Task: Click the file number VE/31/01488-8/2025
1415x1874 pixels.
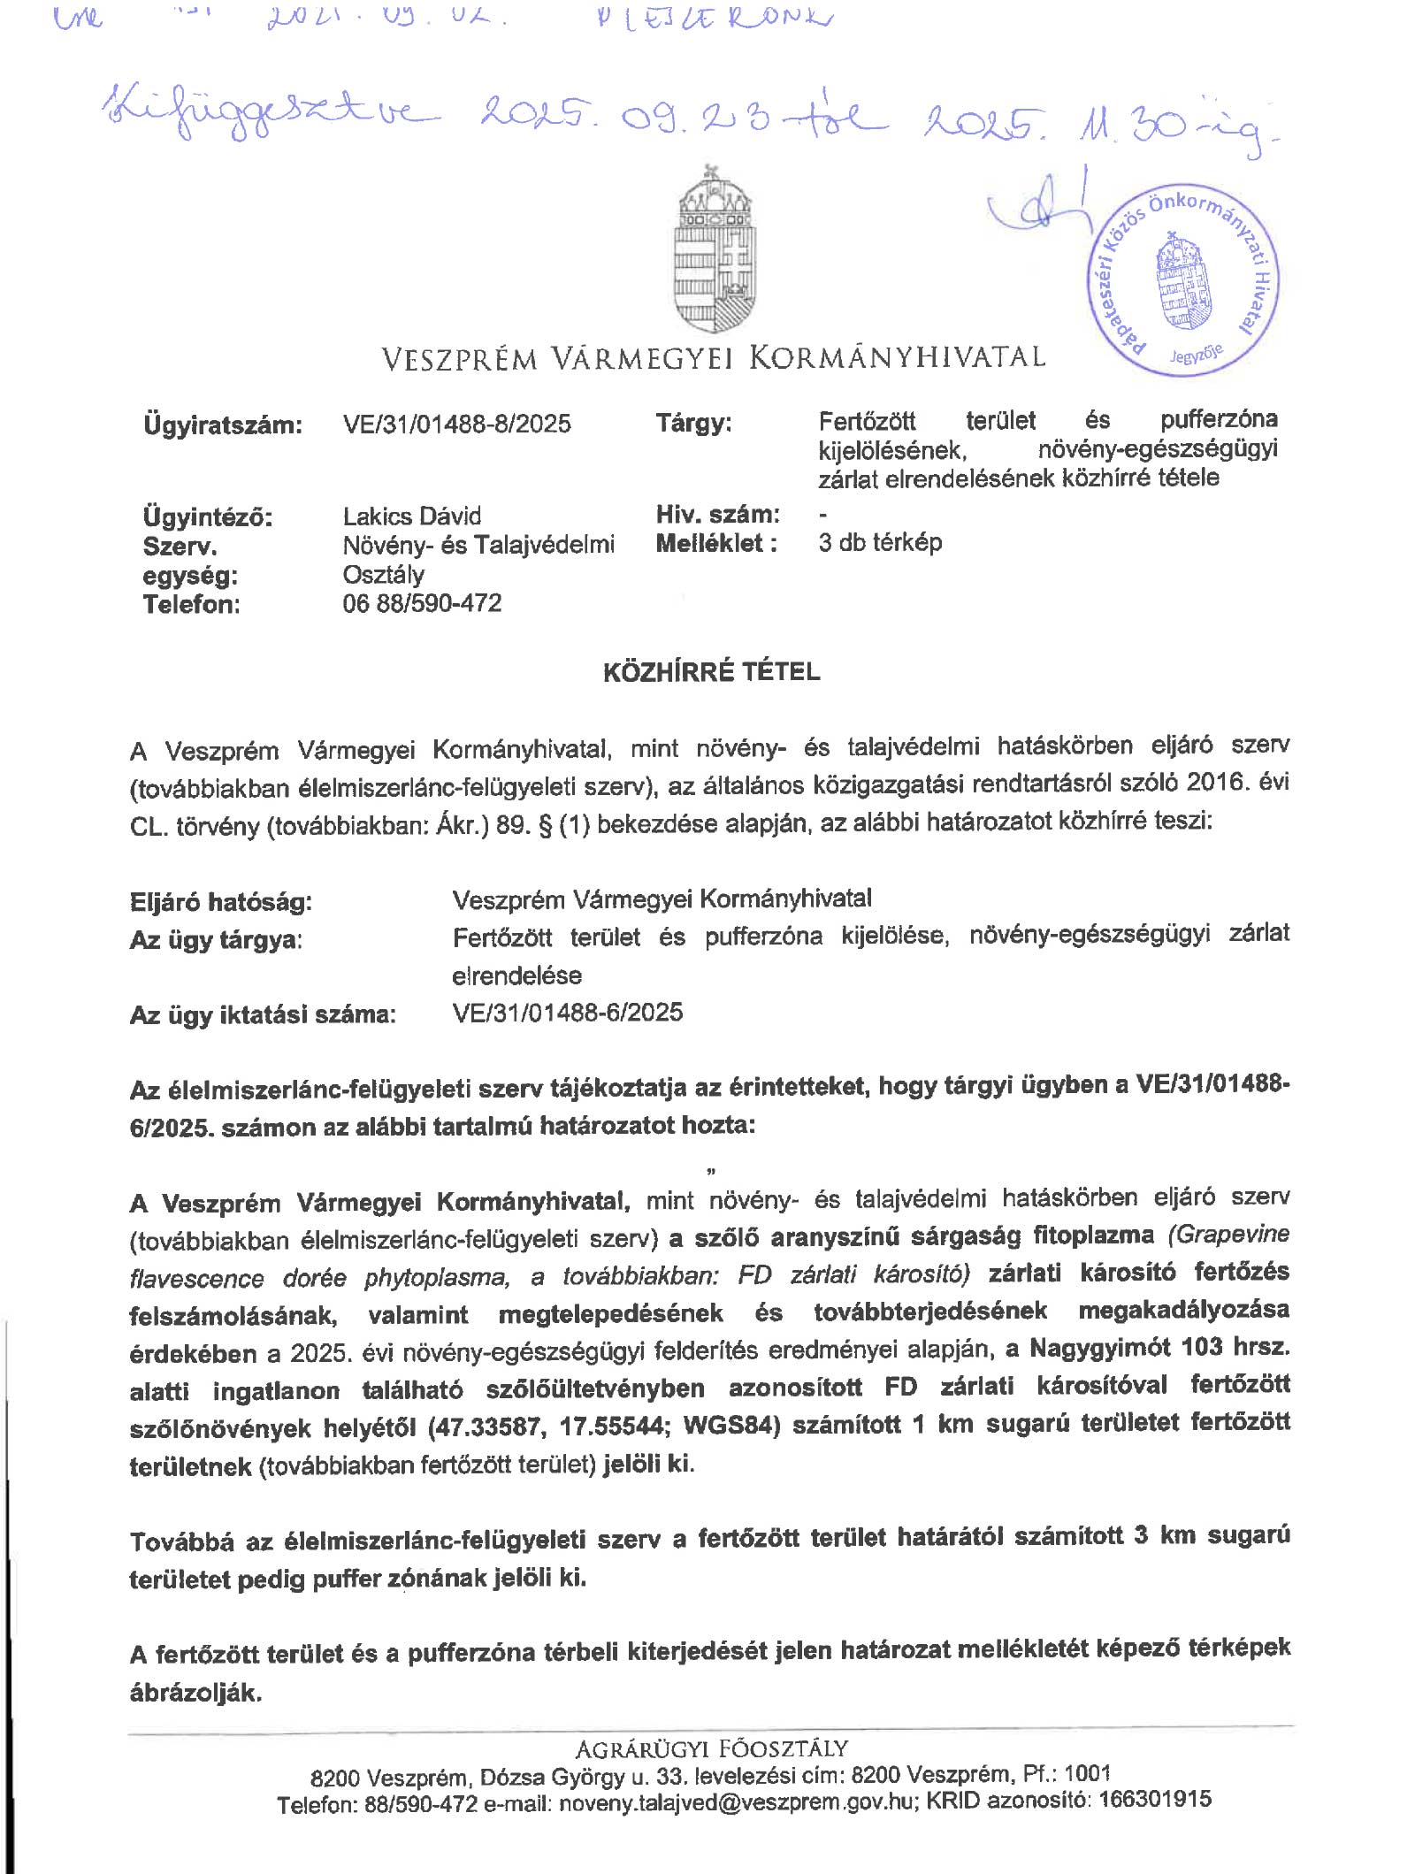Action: pyautogui.click(x=456, y=424)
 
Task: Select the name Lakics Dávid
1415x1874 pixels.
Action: pyautogui.click(x=411, y=516)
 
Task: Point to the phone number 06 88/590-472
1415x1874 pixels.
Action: pyautogui.click(x=422, y=603)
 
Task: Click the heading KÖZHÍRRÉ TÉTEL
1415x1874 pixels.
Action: pyautogui.click(x=711, y=672)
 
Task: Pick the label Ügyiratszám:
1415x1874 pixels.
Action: pyautogui.click(x=222, y=425)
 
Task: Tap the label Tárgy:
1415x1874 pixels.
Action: pyautogui.click(x=693, y=423)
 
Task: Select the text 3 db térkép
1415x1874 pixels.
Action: pyautogui.click(x=880, y=542)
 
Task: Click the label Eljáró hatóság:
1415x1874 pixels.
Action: pyautogui.click(x=221, y=902)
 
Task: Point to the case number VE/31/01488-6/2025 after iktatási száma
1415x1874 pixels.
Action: pyautogui.click(x=567, y=1013)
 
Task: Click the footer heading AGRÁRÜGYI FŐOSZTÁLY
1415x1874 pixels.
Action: pyautogui.click(x=711, y=1748)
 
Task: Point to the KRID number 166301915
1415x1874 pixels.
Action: pyautogui.click(x=1154, y=1800)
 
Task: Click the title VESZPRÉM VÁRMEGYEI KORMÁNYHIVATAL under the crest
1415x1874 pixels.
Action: pyautogui.click(x=713, y=357)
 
